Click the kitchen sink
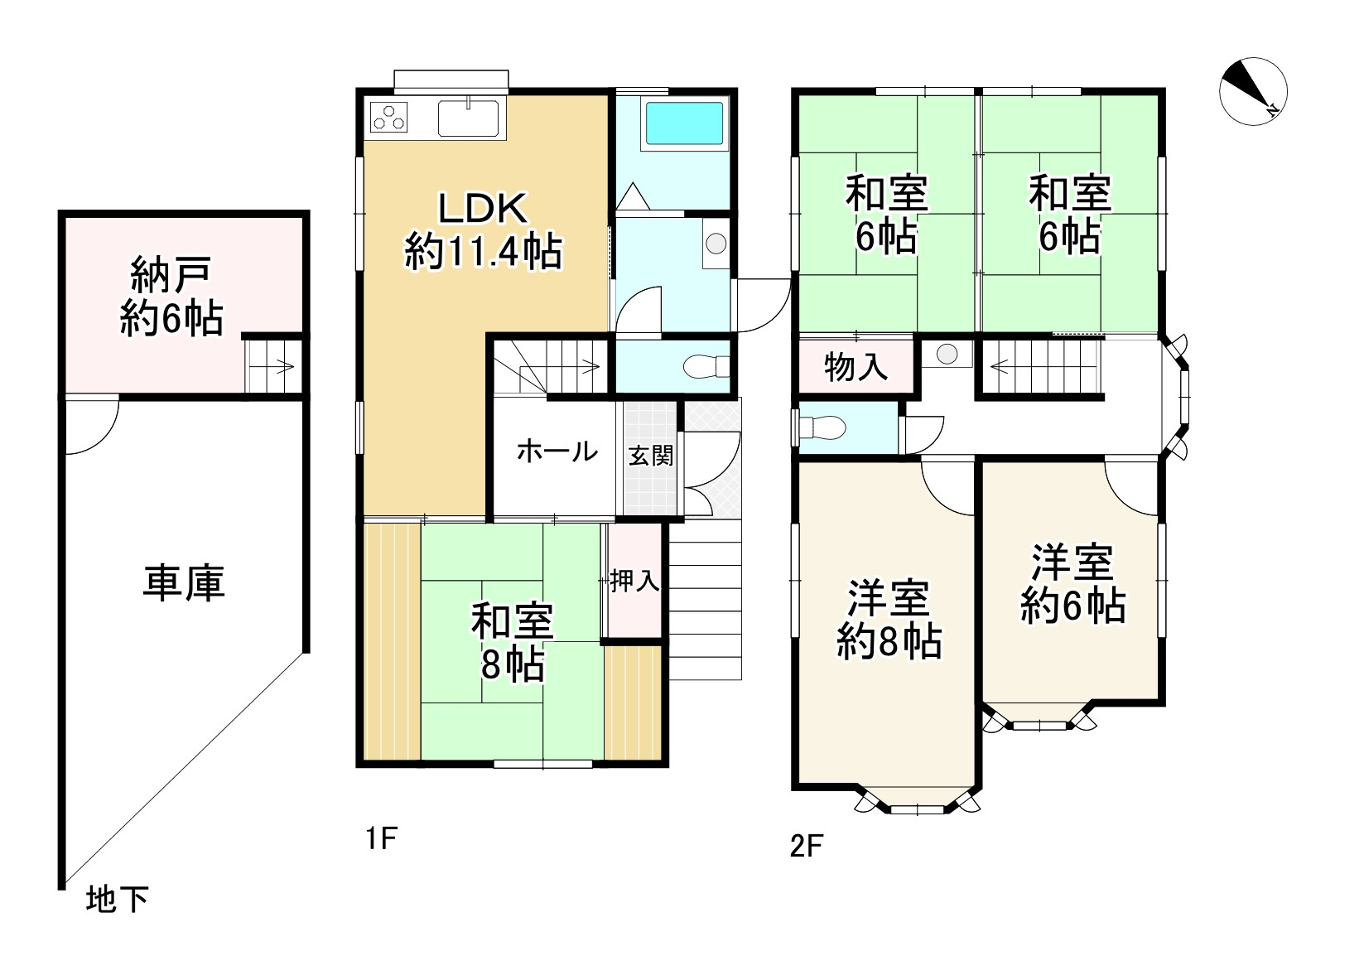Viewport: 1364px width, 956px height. [x=468, y=118]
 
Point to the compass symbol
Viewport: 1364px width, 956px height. [x=1253, y=92]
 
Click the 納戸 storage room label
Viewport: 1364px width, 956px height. [x=171, y=296]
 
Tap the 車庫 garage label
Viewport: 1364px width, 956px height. [x=183, y=582]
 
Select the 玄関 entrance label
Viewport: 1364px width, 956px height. [x=650, y=456]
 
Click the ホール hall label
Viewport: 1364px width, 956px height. [x=557, y=451]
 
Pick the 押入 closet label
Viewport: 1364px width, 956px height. [x=634, y=581]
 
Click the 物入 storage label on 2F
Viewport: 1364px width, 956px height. [x=856, y=365]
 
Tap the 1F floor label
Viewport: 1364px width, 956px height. [x=381, y=839]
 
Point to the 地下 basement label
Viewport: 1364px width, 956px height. [x=118, y=899]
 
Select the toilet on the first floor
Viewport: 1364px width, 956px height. [x=708, y=366]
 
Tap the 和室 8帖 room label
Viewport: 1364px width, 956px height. [x=512, y=643]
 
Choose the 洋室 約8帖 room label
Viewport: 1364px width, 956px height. [x=887, y=620]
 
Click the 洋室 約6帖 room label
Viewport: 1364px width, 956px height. [x=1072, y=584]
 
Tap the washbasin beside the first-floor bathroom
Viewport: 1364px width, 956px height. [x=716, y=244]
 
